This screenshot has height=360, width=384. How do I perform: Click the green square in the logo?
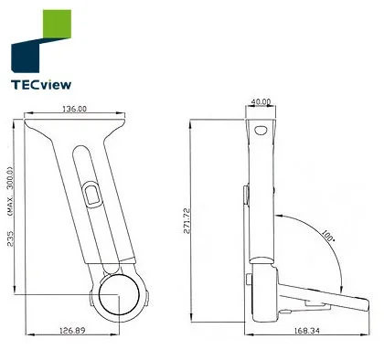(x=57, y=24)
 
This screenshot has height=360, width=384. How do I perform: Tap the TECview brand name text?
(x=41, y=85)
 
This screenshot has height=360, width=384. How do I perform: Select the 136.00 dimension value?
(x=74, y=109)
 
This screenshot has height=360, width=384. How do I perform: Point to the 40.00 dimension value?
(x=261, y=101)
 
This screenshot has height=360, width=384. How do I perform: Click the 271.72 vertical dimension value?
(x=187, y=220)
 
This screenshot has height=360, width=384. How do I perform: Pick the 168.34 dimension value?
(x=307, y=330)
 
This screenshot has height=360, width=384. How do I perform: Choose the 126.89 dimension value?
(x=72, y=330)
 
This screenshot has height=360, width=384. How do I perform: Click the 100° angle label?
(x=328, y=236)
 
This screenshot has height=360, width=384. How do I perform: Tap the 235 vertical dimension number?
(x=10, y=238)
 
